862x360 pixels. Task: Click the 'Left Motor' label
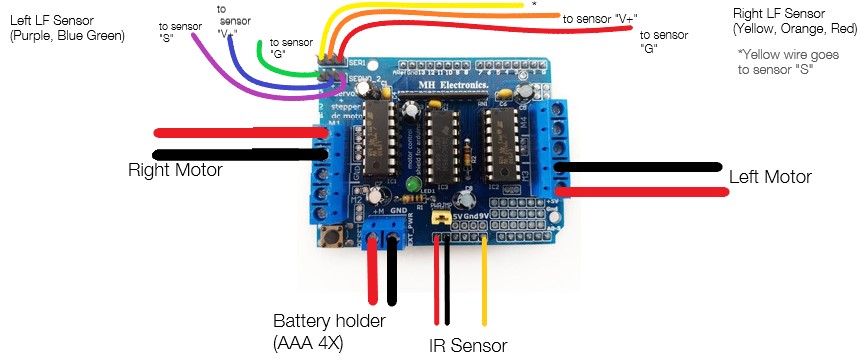[x=770, y=176]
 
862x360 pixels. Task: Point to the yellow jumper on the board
[x=438, y=217]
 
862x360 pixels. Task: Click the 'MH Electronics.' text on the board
[x=447, y=87]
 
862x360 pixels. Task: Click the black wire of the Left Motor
[x=640, y=167]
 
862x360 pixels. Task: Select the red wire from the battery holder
[x=374, y=270]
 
